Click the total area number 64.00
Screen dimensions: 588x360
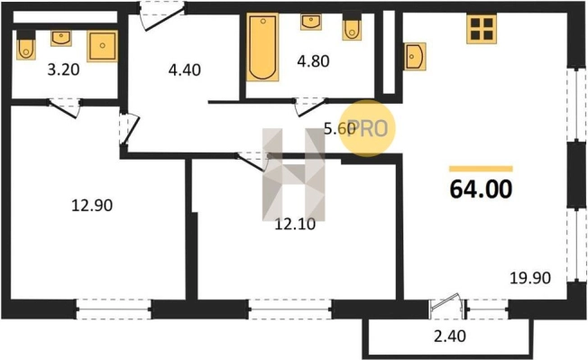click(481, 189)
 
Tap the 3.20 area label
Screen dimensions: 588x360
click(63, 69)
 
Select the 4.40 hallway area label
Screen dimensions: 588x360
click(185, 69)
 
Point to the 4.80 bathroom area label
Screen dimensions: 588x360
click(313, 61)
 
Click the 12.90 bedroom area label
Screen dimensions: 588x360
click(92, 206)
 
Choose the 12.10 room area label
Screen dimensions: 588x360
click(295, 225)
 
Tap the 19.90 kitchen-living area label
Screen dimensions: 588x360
click(530, 278)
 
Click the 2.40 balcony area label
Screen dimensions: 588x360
click(450, 337)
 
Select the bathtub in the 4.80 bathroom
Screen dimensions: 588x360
click(262, 47)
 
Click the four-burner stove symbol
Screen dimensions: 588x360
click(482, 29)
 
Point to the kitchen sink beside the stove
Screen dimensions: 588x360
click(415, 56)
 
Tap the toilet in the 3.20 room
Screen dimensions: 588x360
click(26, 45)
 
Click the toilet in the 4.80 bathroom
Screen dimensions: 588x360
click(352, 26)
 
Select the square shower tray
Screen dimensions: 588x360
click(103, 46)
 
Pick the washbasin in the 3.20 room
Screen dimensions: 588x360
click(61, 38)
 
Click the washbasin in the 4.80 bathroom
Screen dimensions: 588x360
click(311, 23)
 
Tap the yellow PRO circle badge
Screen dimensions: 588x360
click(367, 128)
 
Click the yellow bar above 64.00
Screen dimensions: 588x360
click(481, 169)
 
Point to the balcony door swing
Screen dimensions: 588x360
click(445, 302)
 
